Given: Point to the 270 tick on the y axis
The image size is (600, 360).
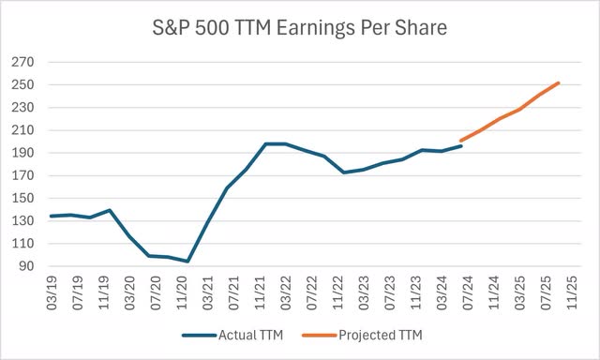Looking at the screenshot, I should (x=22, y=63).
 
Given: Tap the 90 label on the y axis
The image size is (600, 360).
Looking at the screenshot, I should (x=24, y=267).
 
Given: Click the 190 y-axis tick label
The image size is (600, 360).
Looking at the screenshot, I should (x=22, y=154).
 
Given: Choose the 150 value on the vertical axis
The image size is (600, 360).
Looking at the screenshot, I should (x=22, y=199).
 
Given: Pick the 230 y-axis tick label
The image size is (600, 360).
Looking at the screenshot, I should (x=22, y=108).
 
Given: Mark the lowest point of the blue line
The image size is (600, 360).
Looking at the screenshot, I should (x=187, y=262).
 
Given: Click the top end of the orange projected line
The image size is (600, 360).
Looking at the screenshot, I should (x=559, y=83).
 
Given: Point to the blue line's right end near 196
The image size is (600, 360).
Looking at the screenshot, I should (x=460, y=146).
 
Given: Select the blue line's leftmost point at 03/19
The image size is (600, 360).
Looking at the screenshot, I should (x=50, y=217).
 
